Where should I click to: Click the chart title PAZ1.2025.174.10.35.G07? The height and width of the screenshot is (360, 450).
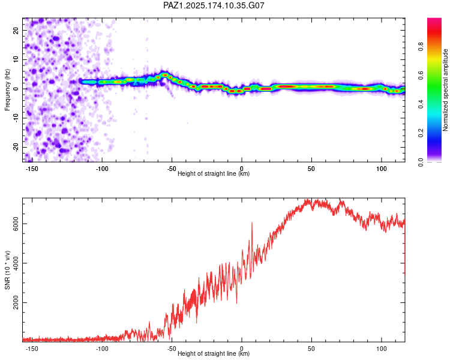(x=214, y=5)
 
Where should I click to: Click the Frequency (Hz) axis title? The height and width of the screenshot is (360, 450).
(x=7, y=90)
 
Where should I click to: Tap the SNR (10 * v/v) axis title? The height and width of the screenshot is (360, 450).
(x=7, y=270)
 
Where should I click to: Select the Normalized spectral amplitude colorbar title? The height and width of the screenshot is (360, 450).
(x=445, y=90)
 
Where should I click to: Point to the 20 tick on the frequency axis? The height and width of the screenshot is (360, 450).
(x=16, y=30)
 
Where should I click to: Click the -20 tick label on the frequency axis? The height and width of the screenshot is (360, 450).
(x=16, y=147)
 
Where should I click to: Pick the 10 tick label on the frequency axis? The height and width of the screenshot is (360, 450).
(x=16, y=59)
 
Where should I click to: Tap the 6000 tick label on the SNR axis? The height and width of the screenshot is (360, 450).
(x=16, y=224)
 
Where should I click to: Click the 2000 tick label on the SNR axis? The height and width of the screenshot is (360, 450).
(x=16, y=302)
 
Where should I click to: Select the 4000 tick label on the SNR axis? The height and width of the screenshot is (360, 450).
(x=16, y=263)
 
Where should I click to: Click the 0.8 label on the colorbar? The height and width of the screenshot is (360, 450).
(x=421, y=47)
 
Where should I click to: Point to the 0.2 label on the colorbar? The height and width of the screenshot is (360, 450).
(x=421, y=133)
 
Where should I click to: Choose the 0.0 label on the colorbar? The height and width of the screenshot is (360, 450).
(x=421, y=162)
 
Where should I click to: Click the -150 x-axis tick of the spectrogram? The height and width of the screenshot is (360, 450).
(x=32, y=169)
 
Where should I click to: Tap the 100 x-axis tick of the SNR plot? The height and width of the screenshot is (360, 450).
(x=382, y=349)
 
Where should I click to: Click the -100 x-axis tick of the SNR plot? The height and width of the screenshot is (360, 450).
(x=101, y=349)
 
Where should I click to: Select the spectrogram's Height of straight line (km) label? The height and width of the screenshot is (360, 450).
(x=214, y=173)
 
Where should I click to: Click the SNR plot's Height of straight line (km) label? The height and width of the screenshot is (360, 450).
(x=214, y=353)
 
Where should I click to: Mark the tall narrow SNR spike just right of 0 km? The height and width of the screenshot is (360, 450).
(x=252, y=230)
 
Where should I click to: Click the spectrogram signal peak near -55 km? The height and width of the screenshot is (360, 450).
(x=165, y=75)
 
